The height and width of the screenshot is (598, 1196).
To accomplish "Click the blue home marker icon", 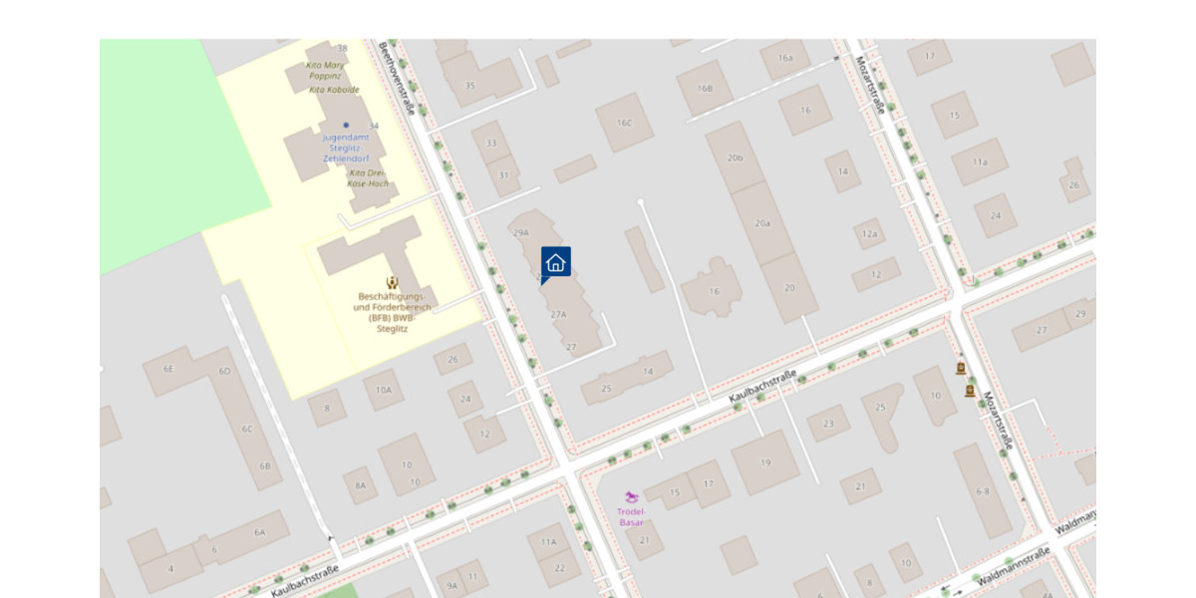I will (556, 262).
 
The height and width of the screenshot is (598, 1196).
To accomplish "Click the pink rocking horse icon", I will (632, 496).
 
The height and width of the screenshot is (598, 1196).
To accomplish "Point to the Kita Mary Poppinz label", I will (326, 70).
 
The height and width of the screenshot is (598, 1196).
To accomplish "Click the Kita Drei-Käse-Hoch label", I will (368, 178).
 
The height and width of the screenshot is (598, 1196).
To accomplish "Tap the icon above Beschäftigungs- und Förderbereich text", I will (392, 283).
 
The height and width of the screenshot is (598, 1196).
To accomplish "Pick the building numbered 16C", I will (624, 123).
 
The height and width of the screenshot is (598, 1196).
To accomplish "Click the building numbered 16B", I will (706, 89).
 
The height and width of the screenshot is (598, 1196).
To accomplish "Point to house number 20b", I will (736, 157).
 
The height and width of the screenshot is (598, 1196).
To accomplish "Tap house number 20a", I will (762, 223).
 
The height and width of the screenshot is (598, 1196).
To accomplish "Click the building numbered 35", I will (469, 85).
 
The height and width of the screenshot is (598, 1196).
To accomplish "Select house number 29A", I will (520, 232).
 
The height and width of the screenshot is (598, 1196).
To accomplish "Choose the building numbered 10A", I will (384, 390).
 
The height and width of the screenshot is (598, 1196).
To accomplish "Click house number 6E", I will (168, 369).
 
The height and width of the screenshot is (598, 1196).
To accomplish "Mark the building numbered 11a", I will (980, 161).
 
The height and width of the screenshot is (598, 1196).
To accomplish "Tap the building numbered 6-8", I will (983, 491).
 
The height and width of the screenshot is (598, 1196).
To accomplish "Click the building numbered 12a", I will (870, 234).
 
